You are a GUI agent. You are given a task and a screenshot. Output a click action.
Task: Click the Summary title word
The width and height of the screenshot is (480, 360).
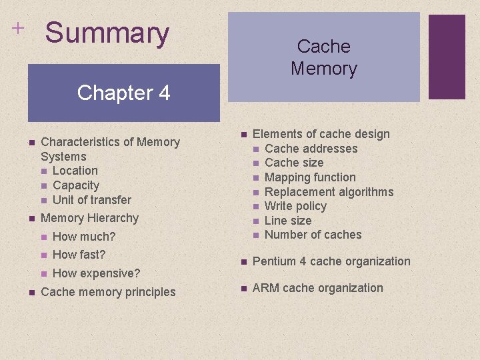(107, 33)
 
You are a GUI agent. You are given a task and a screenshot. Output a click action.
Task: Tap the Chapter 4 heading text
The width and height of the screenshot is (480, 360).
(123, 93)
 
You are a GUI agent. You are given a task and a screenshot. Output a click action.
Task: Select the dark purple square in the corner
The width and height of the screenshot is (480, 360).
(447, 57)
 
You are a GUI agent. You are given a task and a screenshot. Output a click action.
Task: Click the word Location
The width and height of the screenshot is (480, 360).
(75, 171)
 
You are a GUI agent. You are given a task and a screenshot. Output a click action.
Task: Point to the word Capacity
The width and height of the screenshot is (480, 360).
(75, 185)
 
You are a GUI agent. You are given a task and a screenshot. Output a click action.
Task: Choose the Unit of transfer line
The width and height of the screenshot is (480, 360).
(91, 200)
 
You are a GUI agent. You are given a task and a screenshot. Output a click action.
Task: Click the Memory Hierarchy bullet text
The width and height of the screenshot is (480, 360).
(89, 218)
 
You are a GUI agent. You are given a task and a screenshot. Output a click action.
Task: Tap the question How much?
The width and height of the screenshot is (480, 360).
(83, 237)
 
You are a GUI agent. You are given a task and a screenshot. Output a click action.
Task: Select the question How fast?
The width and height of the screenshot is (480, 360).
(79, 255)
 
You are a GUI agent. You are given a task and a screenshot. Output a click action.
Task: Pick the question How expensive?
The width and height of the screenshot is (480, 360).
(96, 273)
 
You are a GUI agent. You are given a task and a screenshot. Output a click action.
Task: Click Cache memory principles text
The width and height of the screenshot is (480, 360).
(108, 292)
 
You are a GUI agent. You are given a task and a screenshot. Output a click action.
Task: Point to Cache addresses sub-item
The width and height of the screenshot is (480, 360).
(311, 149)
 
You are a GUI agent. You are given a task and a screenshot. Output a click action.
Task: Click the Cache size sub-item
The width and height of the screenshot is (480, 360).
(294, 163)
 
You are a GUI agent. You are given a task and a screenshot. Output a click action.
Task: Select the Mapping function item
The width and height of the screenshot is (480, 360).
(310, 177)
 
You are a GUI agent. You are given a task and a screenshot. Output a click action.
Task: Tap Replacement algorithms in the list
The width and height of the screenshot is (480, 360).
(329, 192)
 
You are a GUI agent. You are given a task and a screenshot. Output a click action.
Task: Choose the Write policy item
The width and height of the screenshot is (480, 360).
(295, 206)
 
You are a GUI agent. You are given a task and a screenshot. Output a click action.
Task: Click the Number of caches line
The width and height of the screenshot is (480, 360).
(313, 235)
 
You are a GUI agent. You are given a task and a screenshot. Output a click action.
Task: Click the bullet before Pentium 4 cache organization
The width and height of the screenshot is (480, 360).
(244, 261)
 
